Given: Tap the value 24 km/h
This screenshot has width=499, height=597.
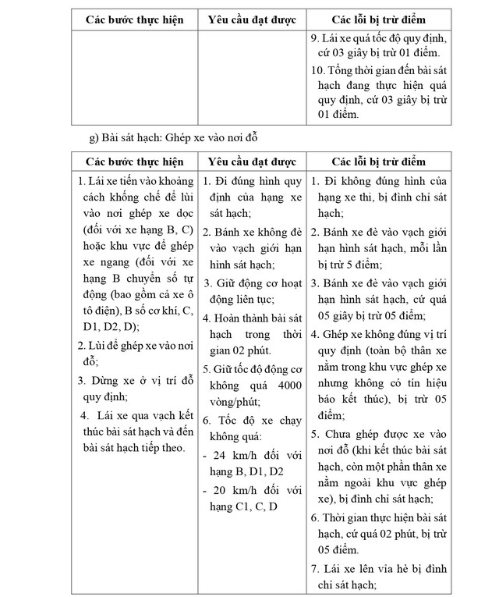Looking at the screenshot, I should (225, 455).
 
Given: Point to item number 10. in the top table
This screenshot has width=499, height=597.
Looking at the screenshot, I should (317, 70).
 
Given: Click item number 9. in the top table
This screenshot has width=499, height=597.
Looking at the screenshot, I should (314, 38).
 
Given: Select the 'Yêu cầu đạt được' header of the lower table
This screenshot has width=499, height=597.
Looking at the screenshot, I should (251, 162).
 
